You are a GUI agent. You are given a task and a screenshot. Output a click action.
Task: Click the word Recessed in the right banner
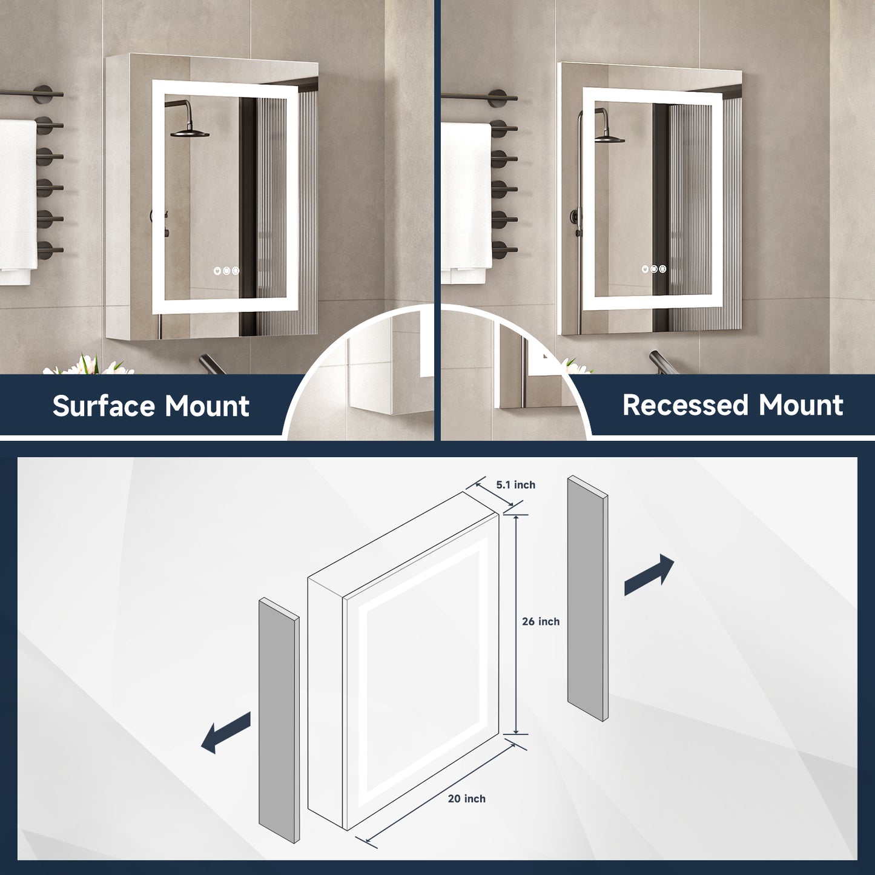(685, 405)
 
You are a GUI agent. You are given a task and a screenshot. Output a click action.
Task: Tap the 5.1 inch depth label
(515, 484)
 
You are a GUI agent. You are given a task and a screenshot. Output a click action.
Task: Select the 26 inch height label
(541, 621)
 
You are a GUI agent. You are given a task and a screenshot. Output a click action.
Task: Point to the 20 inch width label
(466, 799)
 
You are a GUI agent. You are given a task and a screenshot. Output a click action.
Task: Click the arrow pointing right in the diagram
(649, 575)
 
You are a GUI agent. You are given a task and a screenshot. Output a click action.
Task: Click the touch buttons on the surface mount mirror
(226, 271)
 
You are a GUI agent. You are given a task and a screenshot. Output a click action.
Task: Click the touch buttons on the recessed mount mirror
(654, 269)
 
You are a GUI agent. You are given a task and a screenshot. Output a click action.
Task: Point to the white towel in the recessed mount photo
(465, 200)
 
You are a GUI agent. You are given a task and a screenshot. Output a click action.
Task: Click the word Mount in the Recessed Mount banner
(801, 405)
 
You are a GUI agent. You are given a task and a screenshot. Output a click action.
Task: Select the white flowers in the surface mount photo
(91, 366)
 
